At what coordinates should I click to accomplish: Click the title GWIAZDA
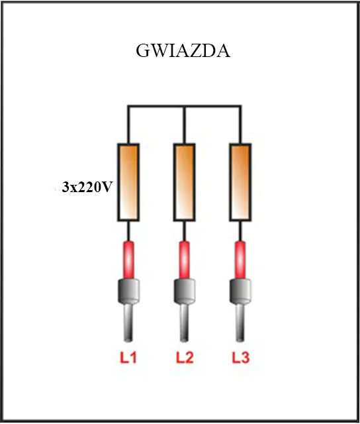(183, 50)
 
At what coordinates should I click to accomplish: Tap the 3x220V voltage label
(87, 187)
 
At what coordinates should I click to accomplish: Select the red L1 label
(128, 358)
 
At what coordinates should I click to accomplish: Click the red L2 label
(185, 358)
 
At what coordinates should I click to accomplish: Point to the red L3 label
(241, 358)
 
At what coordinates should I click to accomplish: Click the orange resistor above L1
(128, 182)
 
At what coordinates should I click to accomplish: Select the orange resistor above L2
(184, 182)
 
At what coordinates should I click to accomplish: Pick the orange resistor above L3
(240, 182)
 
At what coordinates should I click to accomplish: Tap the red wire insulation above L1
(128, 260)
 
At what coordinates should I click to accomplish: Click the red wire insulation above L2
(185, 260)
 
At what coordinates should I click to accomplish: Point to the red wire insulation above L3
(240, 260)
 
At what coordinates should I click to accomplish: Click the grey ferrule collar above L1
(128, 291)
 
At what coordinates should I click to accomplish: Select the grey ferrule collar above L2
(185, 291)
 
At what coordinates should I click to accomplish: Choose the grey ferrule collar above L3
(240, 291)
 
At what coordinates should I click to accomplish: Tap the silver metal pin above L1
(128, 323)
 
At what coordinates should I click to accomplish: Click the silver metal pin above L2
(185, 323)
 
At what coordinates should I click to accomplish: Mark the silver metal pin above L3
(240, 323)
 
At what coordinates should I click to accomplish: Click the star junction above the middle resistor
(184, 107)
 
